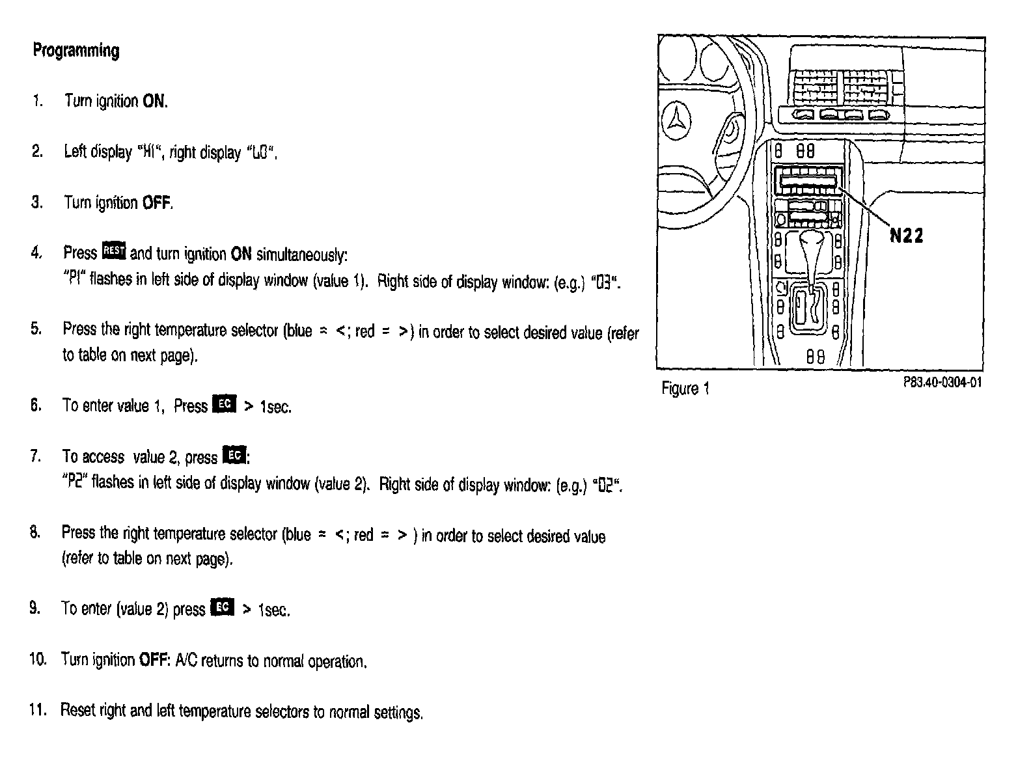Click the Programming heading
coord(76,51)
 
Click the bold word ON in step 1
coord(154,102)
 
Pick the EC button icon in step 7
coord(234,456)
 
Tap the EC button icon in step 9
coord(222,607)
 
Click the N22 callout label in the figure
coord(906,236)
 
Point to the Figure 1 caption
coord(685,389)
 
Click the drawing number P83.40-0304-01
coord(942,383)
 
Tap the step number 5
coord(36,329)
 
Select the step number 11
coord(38,709)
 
